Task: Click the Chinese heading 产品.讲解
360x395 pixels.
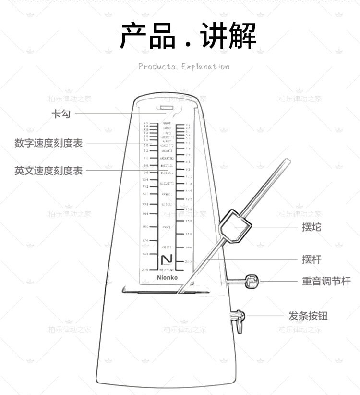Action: (x=188, y=36)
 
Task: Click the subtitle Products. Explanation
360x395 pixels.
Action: (x=184, y=67)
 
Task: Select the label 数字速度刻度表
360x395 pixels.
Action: (x=48, y=143)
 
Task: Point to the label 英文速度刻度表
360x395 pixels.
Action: (x=48, y=171)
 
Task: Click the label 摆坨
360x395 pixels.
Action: (x=312, y=227)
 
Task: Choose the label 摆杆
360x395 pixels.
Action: (x=312, y=259)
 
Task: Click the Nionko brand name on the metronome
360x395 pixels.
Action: (x=167, y=278)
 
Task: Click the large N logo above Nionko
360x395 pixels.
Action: (x=167, y=259)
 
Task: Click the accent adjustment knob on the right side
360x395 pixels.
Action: (x=252, y=281)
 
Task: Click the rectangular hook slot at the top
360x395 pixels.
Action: (x=167, y=108)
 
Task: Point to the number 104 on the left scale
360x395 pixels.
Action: (x=145, y=179)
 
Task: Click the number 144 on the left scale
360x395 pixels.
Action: (x=145, y=214)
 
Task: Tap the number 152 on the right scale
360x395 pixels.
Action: (x=189, y=221)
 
